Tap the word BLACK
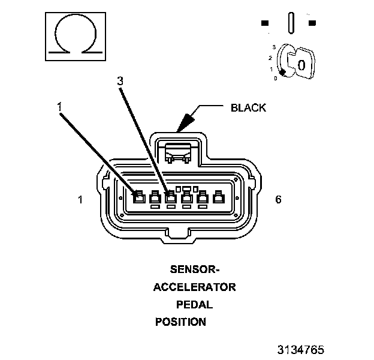248,108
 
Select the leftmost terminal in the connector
138,196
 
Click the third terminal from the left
170,196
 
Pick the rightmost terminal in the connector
218,196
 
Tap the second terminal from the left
155,196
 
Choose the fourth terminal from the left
186,196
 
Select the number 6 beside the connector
278,200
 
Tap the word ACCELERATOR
194,287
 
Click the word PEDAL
194,304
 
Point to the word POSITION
180,322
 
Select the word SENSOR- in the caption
194,269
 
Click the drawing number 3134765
300,349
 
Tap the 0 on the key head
301,64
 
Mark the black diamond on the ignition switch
282,72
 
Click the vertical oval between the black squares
291,24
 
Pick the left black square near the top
265,23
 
